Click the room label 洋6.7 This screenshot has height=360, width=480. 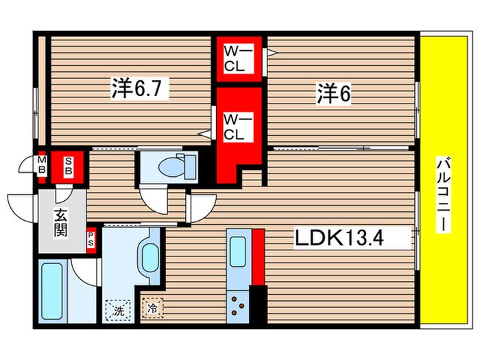(141, 88)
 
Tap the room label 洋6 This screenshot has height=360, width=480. (334, 94)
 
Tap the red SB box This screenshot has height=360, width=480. (69, 167)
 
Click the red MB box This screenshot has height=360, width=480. (41, 167)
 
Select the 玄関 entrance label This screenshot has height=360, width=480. (60, 221)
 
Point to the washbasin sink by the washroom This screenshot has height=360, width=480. (149, 255)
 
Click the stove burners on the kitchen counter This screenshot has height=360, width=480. (240, 304)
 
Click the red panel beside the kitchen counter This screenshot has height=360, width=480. (258, 256)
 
